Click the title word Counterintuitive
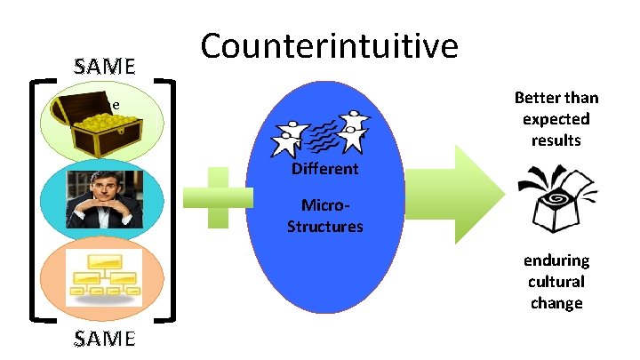pos(330,47)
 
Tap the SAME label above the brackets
pos(105,67)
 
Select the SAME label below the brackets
pos(105,339)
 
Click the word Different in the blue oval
pos(324,169)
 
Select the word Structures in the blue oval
pos(324,226)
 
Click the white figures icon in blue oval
pos(324,134)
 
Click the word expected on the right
pos(556,119)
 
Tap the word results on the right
pos(556,140)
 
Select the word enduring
pos(556,260)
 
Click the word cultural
pos(556,282)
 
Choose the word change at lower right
pos(556,303)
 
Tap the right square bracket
pos(176,199)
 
